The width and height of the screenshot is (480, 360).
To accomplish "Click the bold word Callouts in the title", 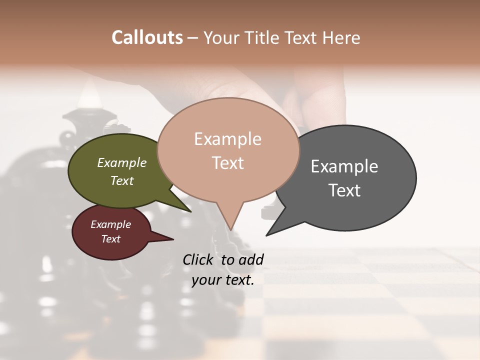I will click(x=147, y=37).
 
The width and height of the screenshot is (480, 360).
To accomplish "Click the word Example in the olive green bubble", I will click(x=122, y=162).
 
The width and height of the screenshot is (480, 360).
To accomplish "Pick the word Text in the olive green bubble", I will click(x=122, y=180).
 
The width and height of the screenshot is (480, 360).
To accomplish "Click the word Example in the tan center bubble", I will click(x=227, y=139).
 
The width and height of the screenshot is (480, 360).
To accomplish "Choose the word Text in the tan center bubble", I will click(x=227, y=163).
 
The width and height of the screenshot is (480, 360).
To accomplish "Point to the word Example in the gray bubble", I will click(x=344, y=166).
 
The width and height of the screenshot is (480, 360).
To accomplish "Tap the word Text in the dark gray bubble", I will click(x=344, y=190).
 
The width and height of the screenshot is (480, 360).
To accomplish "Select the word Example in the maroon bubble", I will click(x=110, y=224).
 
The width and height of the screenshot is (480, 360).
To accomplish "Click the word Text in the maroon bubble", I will click(x=110, y=239).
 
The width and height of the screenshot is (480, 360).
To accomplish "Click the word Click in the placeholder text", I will click(x=198, y=259).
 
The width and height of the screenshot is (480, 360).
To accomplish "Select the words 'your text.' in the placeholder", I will click(x=223, y=280).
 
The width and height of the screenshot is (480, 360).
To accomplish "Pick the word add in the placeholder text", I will click(x=251, y=259).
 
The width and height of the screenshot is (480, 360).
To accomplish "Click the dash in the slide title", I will click(x=193, y=38).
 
